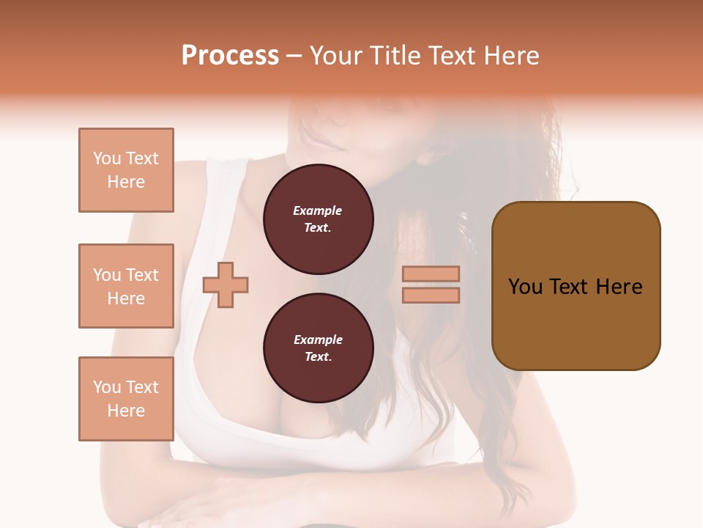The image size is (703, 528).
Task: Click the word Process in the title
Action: [x=230, y=56]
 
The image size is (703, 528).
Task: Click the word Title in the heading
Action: [x=396, y=56]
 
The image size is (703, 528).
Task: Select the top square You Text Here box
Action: [x=126, y=170]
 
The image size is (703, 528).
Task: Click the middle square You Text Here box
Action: [x=126, y=286]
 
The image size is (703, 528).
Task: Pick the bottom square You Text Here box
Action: [x=126, y=399]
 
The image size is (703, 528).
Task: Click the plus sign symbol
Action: [x=226, y=285]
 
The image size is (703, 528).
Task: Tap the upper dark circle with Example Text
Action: [x=318, y=219]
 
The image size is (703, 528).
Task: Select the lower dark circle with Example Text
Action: [x=318, y=348]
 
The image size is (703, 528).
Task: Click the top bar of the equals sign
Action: [x=431, y=274]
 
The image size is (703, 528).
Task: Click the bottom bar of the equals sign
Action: [x=431, y=295]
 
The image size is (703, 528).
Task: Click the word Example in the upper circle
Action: [x=318, y=211]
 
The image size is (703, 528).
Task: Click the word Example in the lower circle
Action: [x=318, y=340]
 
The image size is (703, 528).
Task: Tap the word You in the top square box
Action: [x=106, y=158]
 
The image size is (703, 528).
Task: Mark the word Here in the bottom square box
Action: [x=126, y=411]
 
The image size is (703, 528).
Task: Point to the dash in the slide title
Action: [x=294, y=56]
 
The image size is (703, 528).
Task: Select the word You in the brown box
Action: [x=525, y=287]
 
